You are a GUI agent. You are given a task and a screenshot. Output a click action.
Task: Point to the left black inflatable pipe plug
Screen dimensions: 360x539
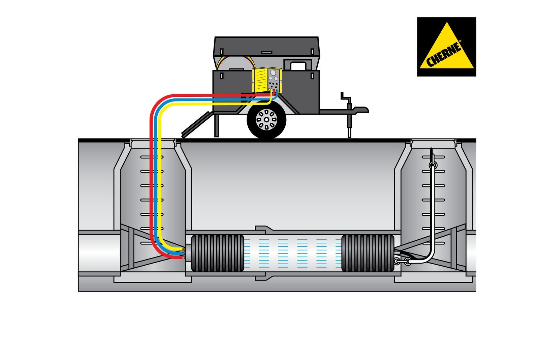coord(218,253)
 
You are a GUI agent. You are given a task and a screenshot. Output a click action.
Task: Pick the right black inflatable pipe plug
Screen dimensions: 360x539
coord(368,253)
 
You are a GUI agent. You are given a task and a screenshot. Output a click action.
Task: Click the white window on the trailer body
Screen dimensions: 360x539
coord(297,65)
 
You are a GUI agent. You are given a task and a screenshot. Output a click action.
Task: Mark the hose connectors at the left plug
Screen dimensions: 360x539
coord(183,252)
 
